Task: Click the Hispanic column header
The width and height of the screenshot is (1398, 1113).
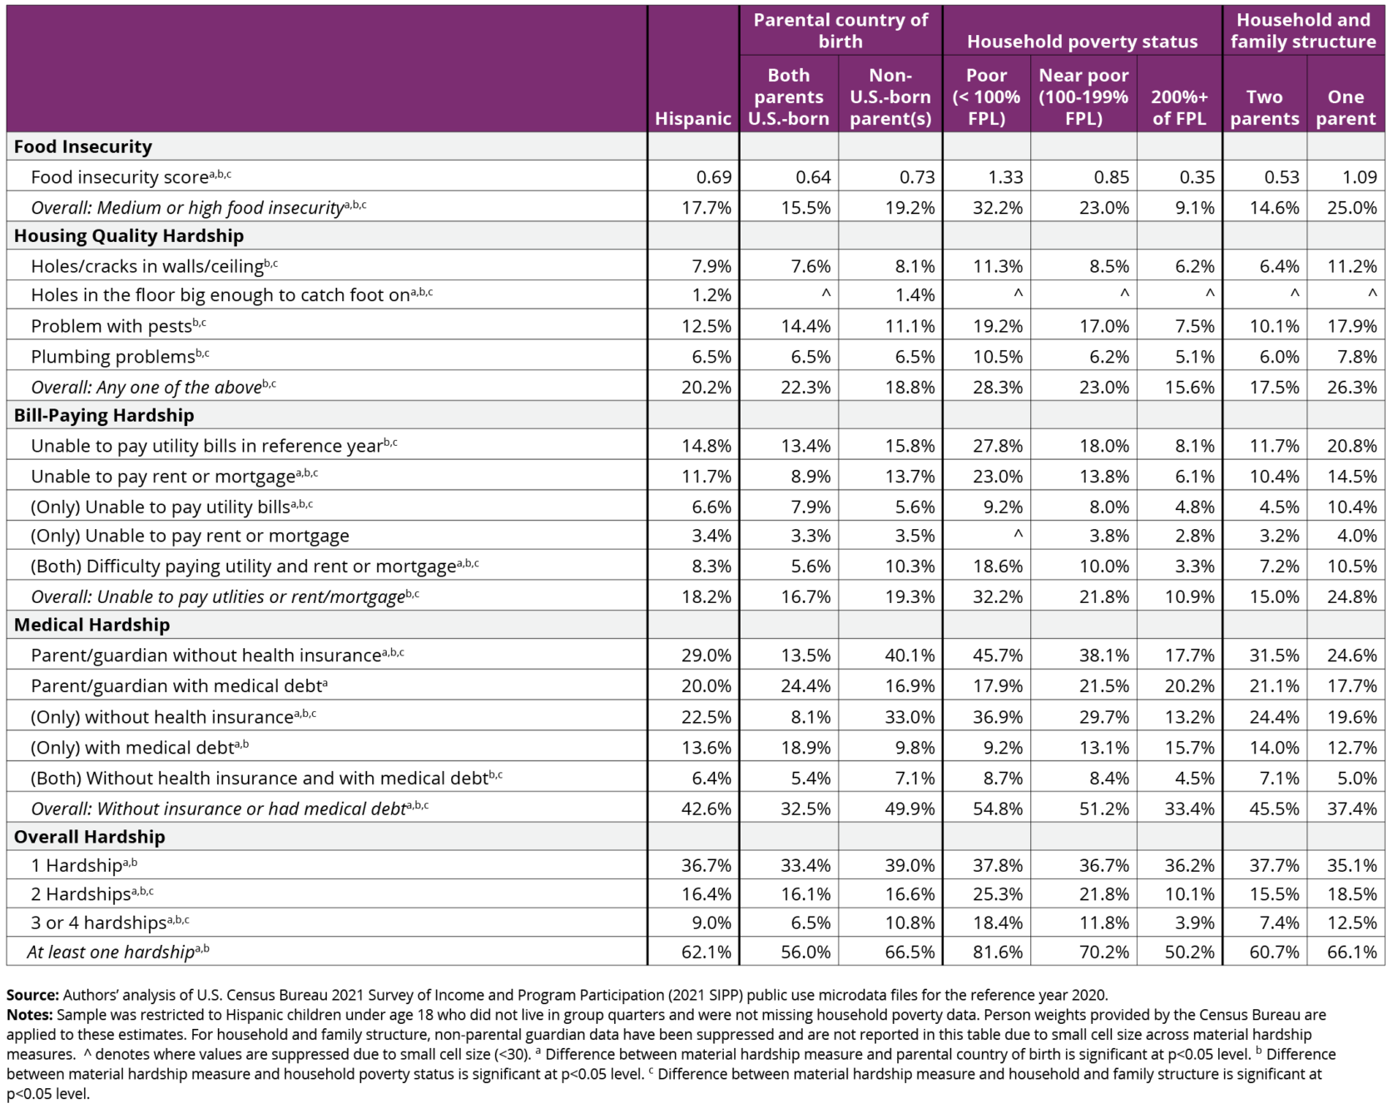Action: point(692,118)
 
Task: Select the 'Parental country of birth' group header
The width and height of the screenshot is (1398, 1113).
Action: point(840,31)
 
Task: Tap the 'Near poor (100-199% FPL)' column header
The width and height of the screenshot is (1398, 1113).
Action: point(1083,96)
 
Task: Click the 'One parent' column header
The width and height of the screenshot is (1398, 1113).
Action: point(1345,107)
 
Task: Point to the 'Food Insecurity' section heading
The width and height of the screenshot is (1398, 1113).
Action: point(83,146)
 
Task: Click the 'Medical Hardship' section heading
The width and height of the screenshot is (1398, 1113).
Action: point(92,625)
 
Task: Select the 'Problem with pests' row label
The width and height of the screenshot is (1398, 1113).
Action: point(112,326)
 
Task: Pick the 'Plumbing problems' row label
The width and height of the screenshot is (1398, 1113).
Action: point(113,357)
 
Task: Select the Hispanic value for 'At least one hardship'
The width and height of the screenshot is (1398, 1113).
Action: point(706,952)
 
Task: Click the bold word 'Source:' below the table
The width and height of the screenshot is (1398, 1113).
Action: point(32,995)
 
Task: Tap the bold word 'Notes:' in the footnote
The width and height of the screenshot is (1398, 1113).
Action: point(30,1015)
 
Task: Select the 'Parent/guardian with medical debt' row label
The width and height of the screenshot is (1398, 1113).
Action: point(176,686)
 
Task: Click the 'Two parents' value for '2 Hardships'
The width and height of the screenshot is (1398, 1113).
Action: point(1273,894)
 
